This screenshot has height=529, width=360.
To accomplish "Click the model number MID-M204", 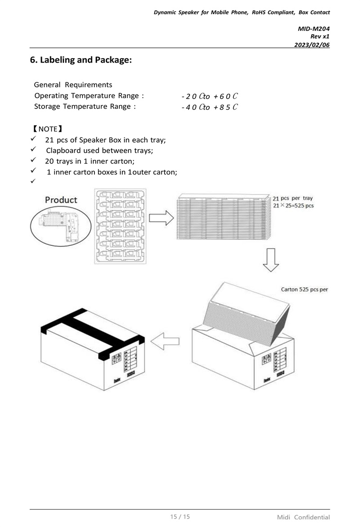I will [314, 29].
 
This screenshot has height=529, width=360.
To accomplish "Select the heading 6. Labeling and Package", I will [81, 60].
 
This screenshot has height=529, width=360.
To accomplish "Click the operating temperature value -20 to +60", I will [209, 96].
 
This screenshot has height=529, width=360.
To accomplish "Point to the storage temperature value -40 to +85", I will [209, 107].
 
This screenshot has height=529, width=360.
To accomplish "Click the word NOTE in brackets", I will [48, 129].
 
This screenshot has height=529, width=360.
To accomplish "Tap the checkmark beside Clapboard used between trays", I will [33, 149].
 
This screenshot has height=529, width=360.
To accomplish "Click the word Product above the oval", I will [61, 199].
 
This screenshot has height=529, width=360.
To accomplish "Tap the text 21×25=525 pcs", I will [293, 206].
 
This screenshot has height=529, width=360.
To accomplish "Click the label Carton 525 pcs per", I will [304, 289].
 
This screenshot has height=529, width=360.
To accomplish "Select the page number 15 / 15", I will [180, 516].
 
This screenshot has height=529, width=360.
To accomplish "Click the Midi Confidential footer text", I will [303, 517].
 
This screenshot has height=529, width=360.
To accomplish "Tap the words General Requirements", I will [73, 85].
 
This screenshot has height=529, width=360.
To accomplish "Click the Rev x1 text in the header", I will [320, 36].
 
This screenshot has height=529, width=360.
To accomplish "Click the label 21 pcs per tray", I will [293, 198].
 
